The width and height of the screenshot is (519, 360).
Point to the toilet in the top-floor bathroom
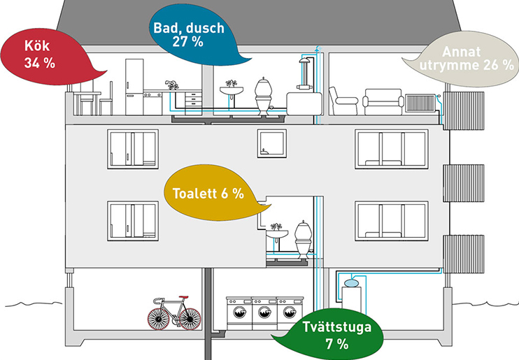(264, 94)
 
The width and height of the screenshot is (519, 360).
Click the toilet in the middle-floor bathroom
(303, 238)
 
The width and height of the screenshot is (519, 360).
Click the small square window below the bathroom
(271, 143)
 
